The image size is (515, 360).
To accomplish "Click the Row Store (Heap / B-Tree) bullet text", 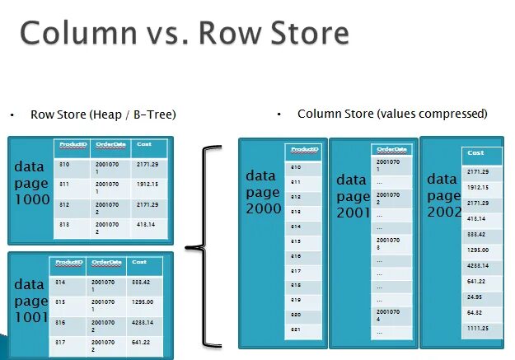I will click(103, 115).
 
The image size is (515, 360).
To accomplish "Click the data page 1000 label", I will click(30, 182).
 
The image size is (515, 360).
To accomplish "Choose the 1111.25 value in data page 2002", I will click(479, 327).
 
